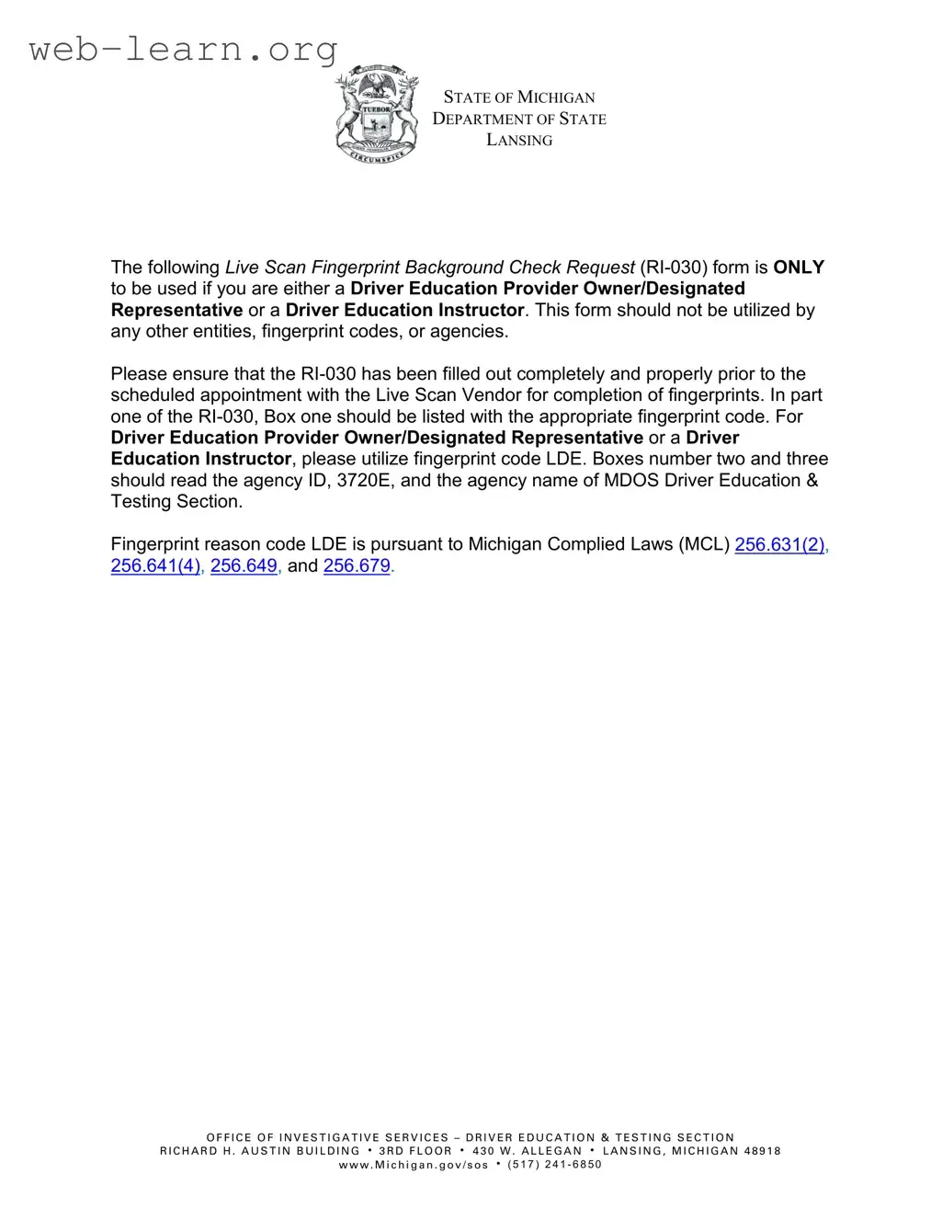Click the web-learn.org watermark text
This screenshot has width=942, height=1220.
184,48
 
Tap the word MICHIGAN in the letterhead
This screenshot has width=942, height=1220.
556,97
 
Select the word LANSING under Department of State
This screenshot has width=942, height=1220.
519,141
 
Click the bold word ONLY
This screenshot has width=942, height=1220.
799,268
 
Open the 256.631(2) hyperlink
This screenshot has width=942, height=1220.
779,544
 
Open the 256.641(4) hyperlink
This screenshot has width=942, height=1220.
155,565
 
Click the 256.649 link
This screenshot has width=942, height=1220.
244,565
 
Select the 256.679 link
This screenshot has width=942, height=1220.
357,565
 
